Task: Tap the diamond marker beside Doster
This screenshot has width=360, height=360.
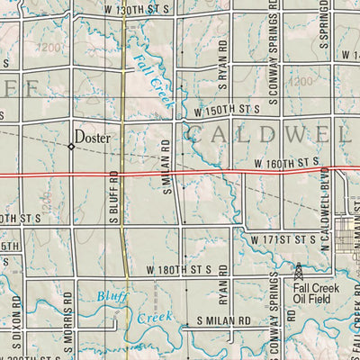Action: tap(72, 146)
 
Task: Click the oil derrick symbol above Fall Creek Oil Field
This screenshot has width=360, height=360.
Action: tap(299, 271)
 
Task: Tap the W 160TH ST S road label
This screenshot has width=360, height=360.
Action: tap(287, 164)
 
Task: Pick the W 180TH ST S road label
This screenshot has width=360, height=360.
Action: tap(178, 269)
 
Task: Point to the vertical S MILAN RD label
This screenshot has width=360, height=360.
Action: tap(166, 166)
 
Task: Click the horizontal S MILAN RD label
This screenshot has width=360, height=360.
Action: tap(224, 320)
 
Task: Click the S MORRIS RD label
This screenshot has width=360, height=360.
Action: tap(67, 330)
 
